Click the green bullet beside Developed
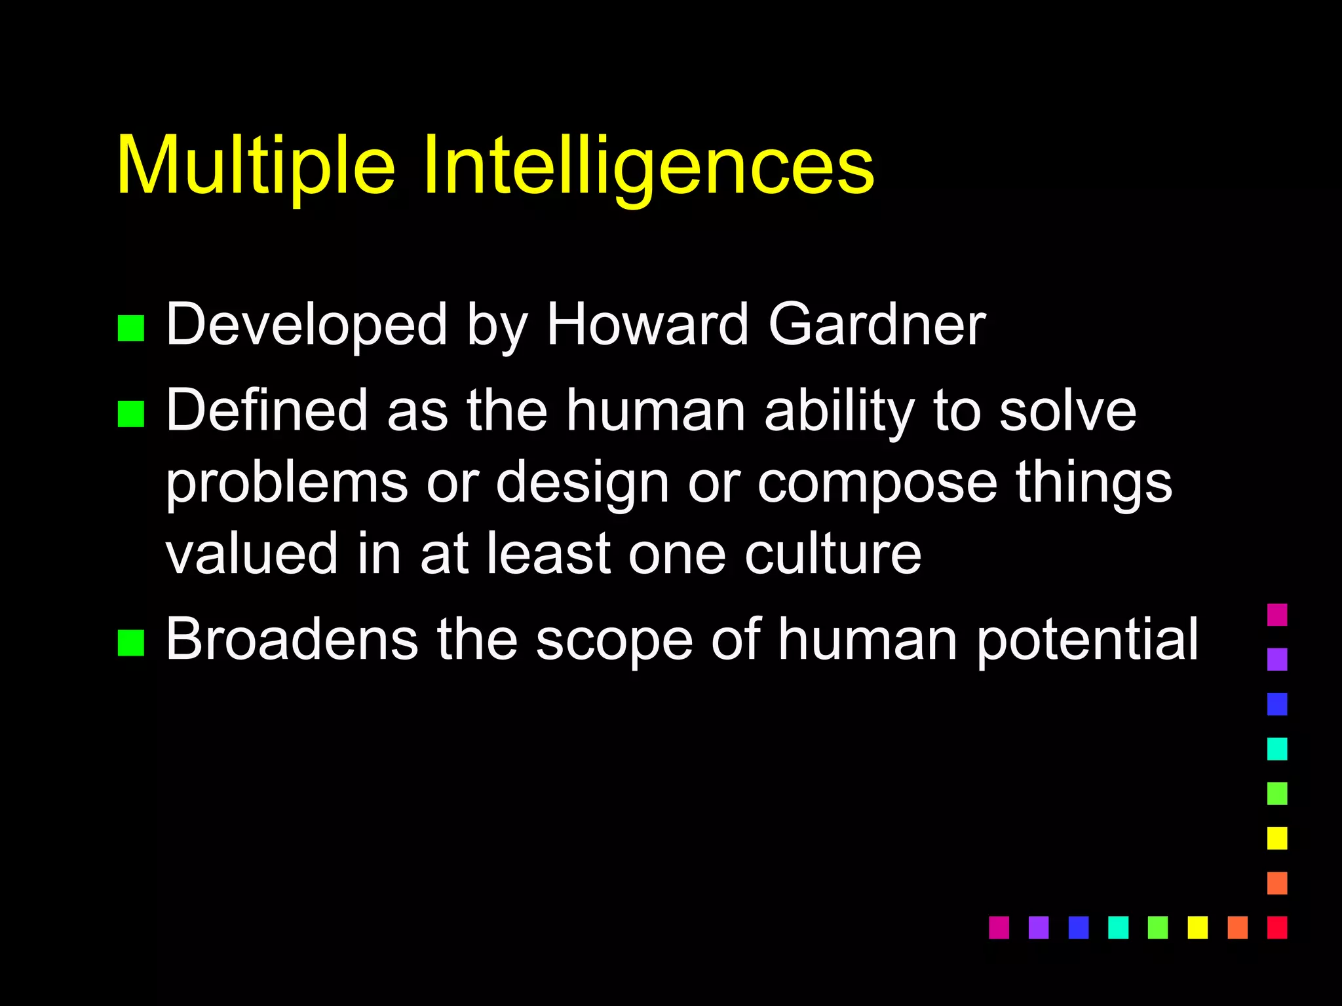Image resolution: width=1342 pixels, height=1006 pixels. click(130, 328)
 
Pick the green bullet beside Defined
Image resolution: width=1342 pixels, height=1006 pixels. click(130, 414)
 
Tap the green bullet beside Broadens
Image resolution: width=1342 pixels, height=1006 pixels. click(130, 643)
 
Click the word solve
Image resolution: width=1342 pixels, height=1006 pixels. click(1067, 411)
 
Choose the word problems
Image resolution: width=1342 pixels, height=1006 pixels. click(286, 483)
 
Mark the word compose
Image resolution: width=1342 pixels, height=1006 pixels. click(877, 483)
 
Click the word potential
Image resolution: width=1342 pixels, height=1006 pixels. click(1087, 640)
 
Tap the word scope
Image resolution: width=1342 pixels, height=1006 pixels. click(614, 640)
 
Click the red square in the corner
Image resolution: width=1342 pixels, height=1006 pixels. click(1277, 927)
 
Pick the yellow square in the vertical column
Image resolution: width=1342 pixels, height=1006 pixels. click(1277, 838)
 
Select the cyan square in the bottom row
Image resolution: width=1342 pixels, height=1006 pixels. click(1118, 927)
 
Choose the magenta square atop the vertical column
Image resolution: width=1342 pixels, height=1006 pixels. click(1277, 614)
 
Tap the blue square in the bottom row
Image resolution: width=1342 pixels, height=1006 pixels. click(1078, 927)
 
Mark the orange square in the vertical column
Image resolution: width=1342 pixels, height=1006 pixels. click(1277, 883)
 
